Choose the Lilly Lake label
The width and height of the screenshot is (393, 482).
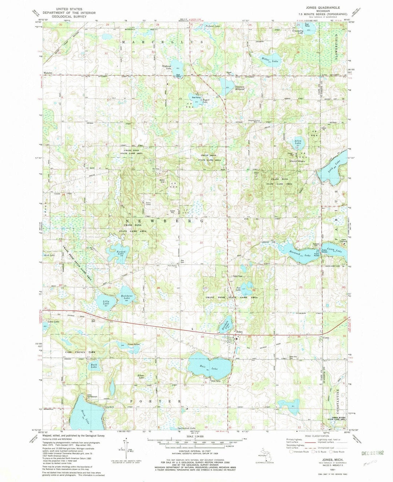pyautogui.click(x=106, y=303)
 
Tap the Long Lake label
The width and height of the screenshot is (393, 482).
pyautogui.click(x=334, y=165)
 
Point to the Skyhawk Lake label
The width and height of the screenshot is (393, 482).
pyautogui.click(x=167, y=67)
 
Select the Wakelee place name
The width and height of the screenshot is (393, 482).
pyautogui.click(x=48, y=72)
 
